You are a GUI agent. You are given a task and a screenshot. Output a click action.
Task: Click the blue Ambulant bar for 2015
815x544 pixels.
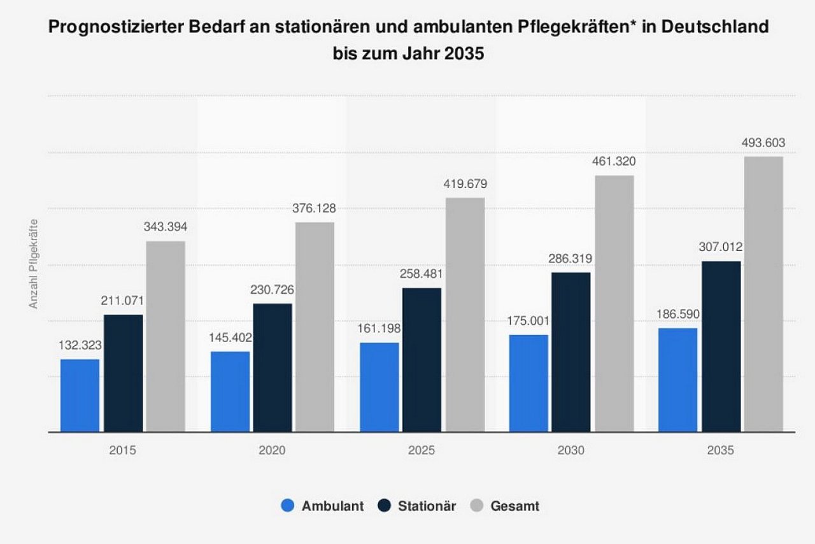click(80, 395)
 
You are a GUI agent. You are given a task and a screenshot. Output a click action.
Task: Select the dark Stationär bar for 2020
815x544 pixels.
click(273, 368)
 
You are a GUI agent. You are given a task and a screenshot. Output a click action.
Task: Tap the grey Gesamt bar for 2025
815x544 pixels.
click(465, 315)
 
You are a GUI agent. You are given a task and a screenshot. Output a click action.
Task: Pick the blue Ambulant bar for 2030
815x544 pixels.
click(528, 383)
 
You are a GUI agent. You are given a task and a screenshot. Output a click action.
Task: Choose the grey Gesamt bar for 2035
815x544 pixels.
click(763, 294)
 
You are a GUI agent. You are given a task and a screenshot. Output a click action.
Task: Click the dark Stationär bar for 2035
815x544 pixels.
click(721, 346)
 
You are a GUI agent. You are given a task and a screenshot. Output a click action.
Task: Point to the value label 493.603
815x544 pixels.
click(763, 143)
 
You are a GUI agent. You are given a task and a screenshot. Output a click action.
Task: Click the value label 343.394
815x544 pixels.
click(166, 227)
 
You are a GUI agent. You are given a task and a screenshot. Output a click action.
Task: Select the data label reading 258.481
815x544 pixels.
click(422, 275)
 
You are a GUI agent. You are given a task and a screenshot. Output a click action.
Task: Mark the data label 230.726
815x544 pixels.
click(273, 290)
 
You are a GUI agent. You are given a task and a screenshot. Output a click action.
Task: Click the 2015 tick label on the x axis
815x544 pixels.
click(122, 450)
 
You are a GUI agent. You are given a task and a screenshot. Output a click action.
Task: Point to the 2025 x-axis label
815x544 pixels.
click(422, 450)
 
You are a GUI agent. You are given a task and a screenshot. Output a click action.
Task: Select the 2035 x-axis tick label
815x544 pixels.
click(721, 450)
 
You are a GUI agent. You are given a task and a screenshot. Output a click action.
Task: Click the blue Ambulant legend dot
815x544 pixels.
click(288, 506)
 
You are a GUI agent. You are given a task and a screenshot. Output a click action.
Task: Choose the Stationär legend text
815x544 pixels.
click(427, 506)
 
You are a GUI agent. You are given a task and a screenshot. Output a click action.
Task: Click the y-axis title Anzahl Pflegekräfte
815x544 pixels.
click(34, 264)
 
